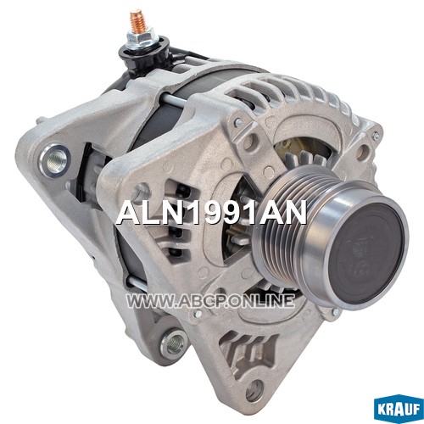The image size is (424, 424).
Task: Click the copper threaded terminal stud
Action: pos(137,20)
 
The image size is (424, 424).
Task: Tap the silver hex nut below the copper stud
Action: pos(141,36)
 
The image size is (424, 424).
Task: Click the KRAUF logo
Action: pos(399,410)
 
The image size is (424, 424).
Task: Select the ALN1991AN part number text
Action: pos(211,212)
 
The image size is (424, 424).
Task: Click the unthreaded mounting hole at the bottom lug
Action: pos(254,390)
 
